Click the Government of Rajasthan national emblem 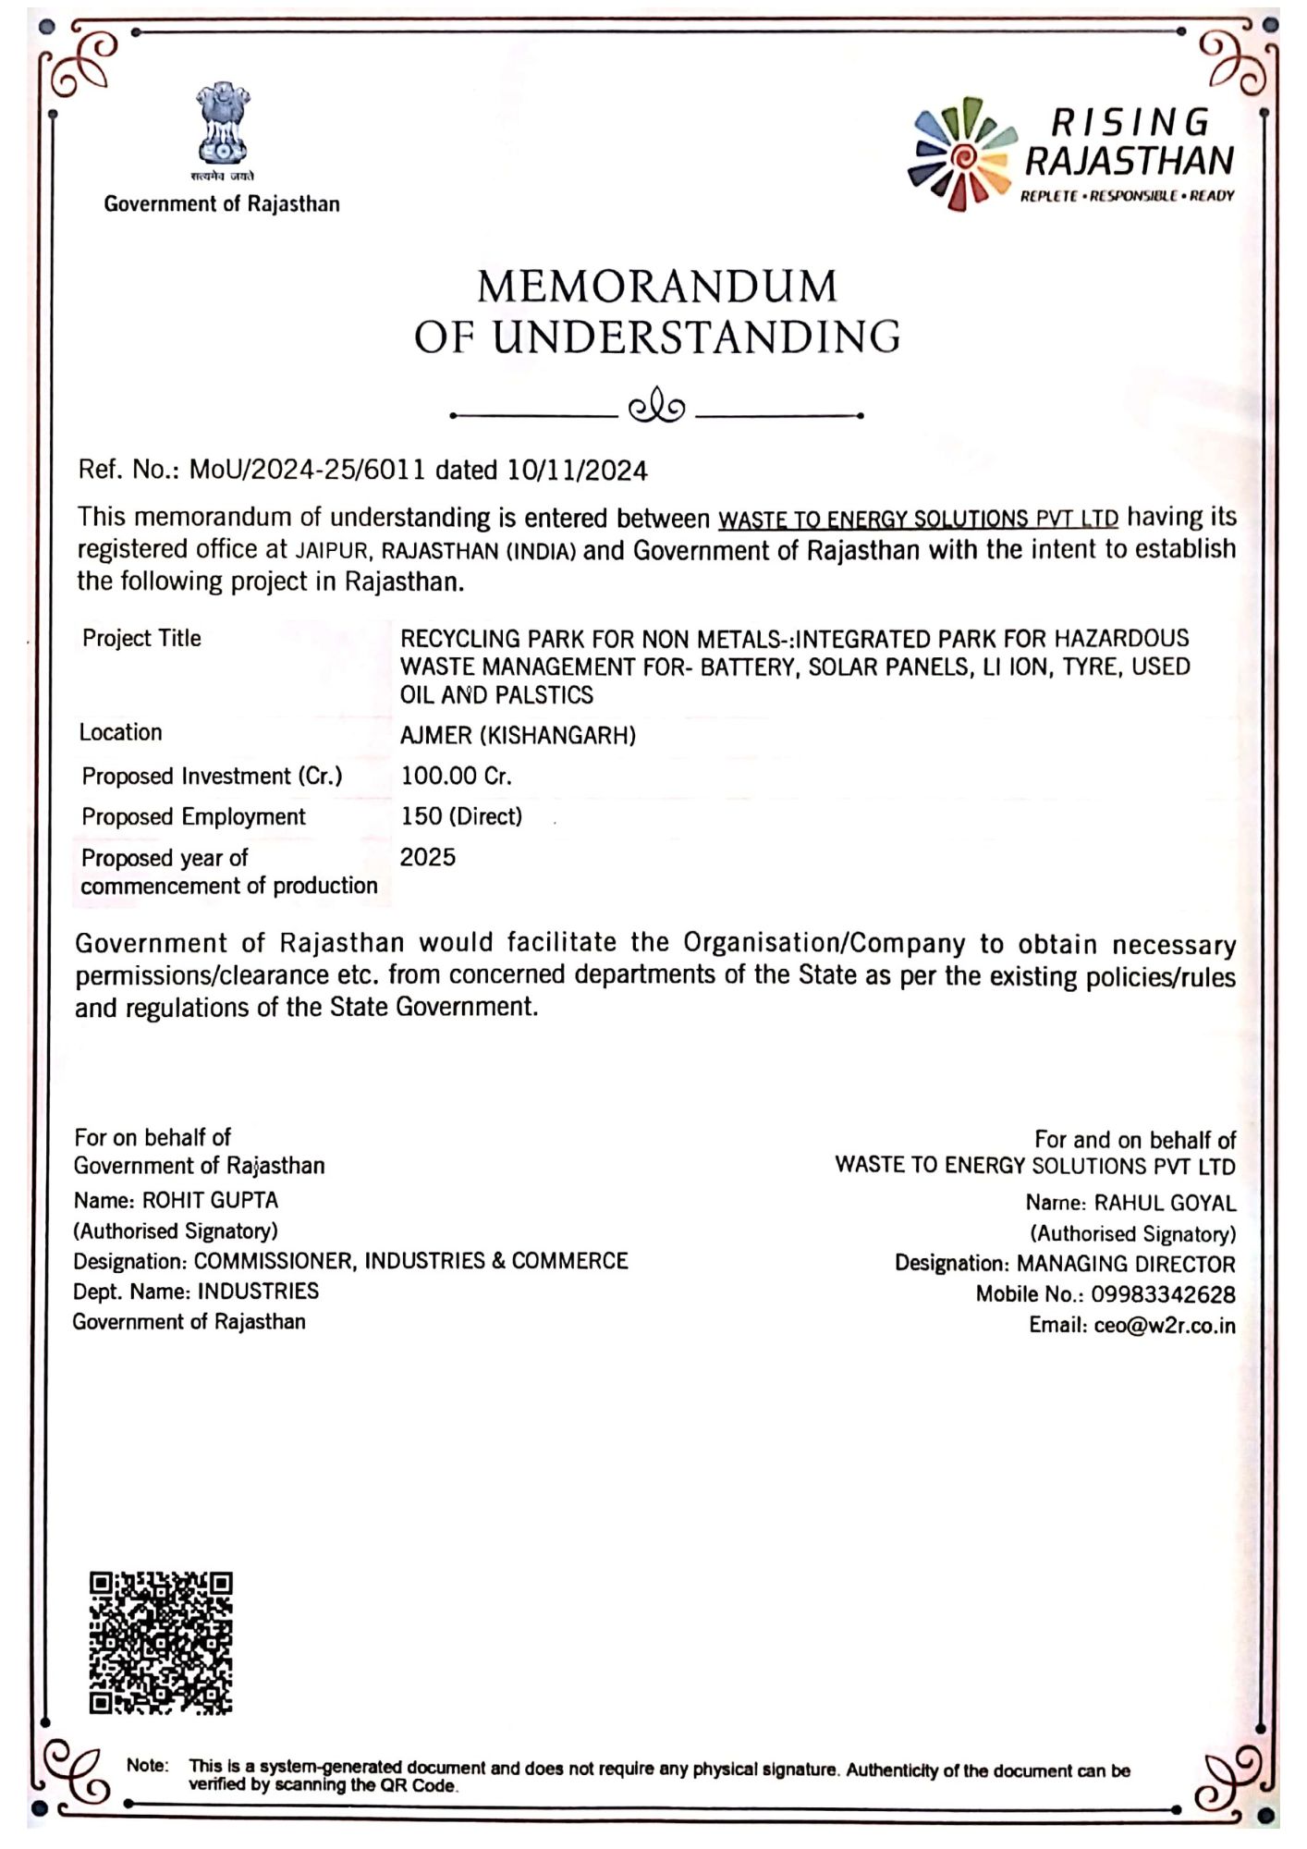click(x=222, y=125)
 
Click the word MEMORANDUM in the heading click(x=657, y=287)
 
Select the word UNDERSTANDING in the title click(x=696, y=337)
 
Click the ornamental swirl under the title click(x=656, y=408)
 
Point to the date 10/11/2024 click(x=578, y=471)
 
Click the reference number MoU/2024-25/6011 click(x=308, y=471)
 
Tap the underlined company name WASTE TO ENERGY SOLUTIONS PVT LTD click(x=918, y=519)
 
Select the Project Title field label click(x=141, y=639)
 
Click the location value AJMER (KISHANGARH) click(x=518, y=736)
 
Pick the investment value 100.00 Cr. click(x=456, y=777)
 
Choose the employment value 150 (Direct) click(x=461, y=817)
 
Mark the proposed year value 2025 click(x=428, y=858)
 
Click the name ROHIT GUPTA click(x=210, y=1201)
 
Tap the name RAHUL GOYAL click(x=1165, y=1204)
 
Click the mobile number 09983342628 click(x=1163, y=1295)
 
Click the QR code click(x=161, y=1643)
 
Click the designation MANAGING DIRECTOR click(x=1126, y=1265)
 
